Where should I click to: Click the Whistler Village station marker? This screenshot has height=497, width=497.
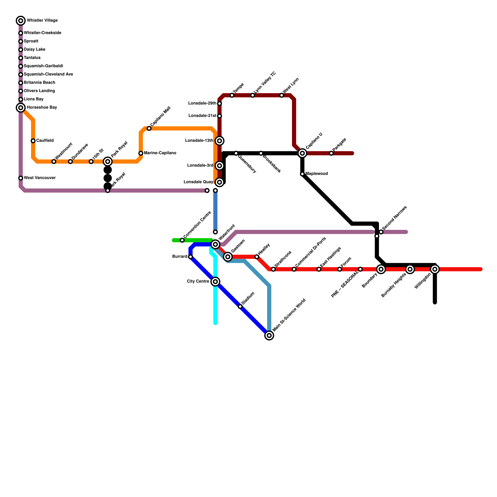21,21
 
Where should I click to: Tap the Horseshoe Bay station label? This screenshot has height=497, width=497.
42,107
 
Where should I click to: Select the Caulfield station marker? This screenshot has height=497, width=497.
33,141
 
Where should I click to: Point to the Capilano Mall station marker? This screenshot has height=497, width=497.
149,128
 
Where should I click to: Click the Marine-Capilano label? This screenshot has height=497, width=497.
160,153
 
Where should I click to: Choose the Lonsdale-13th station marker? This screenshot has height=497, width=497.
220,141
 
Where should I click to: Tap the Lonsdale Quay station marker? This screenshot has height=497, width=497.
220,182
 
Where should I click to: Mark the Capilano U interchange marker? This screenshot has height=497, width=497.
302,153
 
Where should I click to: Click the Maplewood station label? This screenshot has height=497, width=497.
317,174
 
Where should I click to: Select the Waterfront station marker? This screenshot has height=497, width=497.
215,244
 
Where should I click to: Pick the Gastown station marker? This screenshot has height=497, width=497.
228,257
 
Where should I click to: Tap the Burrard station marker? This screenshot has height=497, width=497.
190,257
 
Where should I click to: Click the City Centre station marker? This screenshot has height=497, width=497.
215,282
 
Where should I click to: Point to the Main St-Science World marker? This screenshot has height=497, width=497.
269,335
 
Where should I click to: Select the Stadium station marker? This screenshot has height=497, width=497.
240,307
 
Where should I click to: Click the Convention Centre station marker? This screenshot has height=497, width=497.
182,240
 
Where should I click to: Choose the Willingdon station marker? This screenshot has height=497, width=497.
435,269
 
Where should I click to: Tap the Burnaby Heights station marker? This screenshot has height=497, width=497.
410,269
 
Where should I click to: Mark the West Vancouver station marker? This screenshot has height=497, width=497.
21,178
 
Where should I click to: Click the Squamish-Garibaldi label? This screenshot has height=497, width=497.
43,66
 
